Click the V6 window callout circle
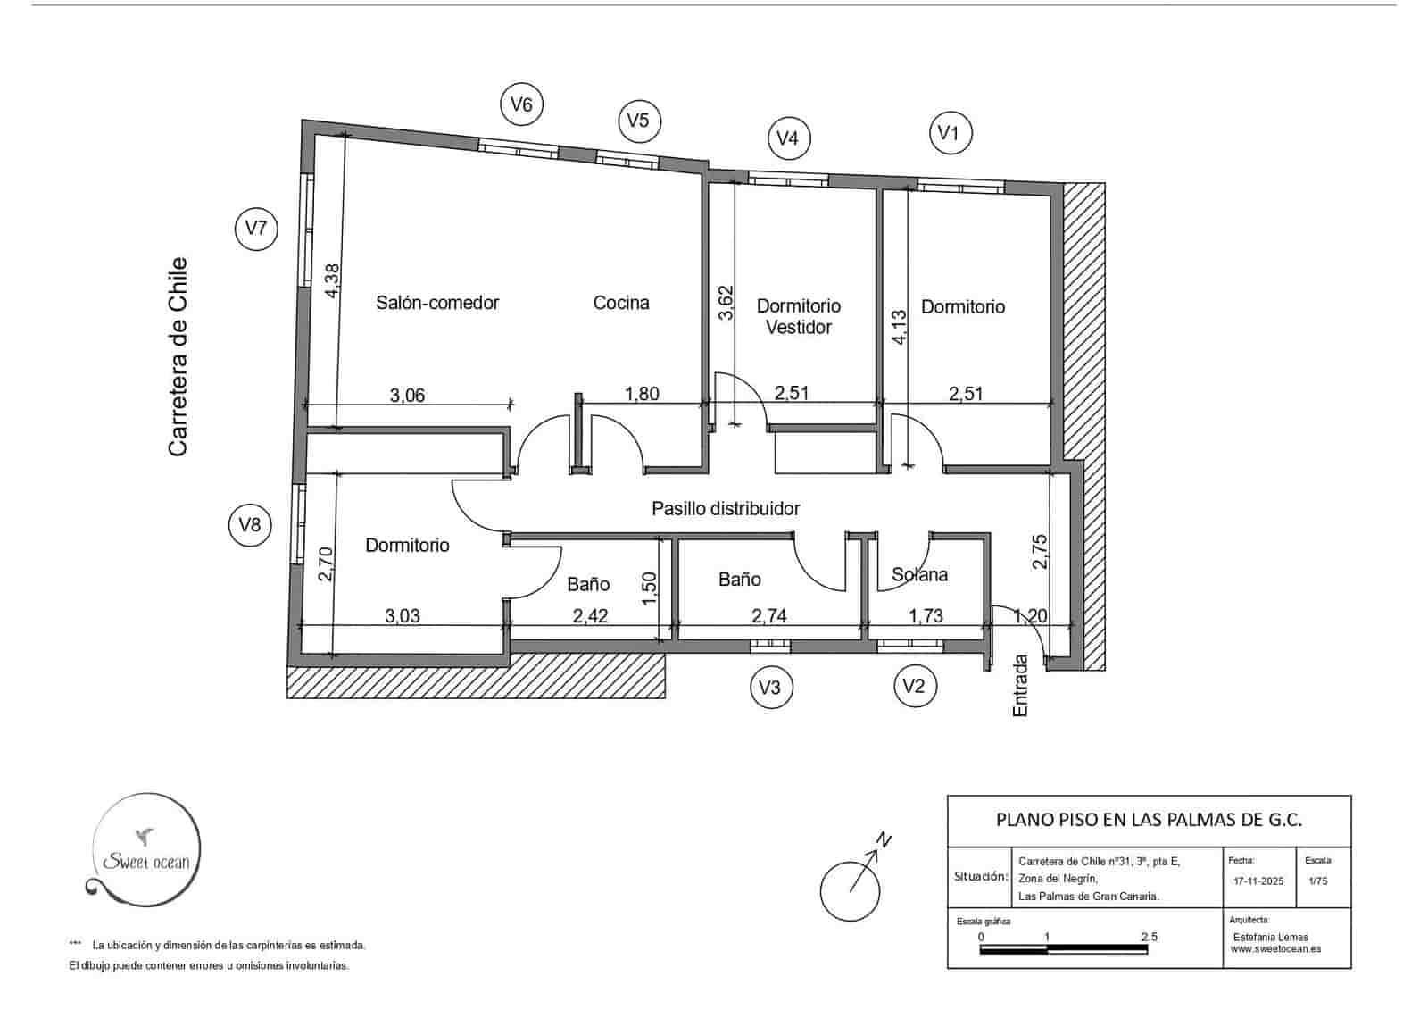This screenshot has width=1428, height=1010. coord(521,104)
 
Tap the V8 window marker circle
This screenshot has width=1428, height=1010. coord(250,524)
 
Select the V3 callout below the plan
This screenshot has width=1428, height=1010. coord(770,687)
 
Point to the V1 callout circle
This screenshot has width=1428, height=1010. coord(950,134)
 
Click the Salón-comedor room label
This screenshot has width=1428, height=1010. coord(437,303)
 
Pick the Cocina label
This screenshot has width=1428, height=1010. coord(621,303)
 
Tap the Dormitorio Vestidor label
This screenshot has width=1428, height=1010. coord(799,316)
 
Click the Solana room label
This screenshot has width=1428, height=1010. coord(919,574)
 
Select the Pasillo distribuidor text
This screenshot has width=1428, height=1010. coord(726,508)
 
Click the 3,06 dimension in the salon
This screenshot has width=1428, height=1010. coord(408,395)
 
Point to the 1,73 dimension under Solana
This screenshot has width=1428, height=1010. coord(926,616)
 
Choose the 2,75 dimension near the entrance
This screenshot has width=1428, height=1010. coord(1040,551)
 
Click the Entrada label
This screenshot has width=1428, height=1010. coord(1021,686)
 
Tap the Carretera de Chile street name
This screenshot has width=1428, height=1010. coord(178,357)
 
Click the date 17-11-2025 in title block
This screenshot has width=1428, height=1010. coord(1258,881)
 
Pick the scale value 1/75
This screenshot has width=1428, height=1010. coord(1317,881)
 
